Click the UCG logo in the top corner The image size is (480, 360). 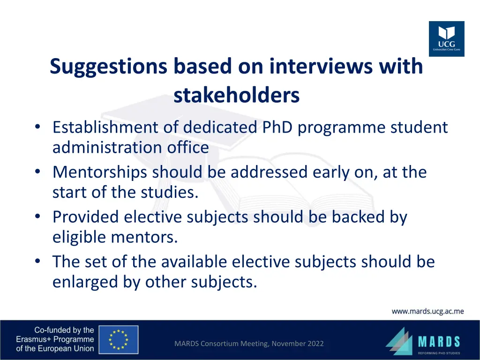(x=446, y=38)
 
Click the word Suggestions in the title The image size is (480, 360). (x=108, y=66)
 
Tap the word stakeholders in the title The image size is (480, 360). (x=236, y=95)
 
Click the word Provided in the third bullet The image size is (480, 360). (x=86, y=217)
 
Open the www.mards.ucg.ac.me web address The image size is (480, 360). (x=427, y=311)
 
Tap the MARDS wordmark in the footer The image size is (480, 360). (x=439, y=341)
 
